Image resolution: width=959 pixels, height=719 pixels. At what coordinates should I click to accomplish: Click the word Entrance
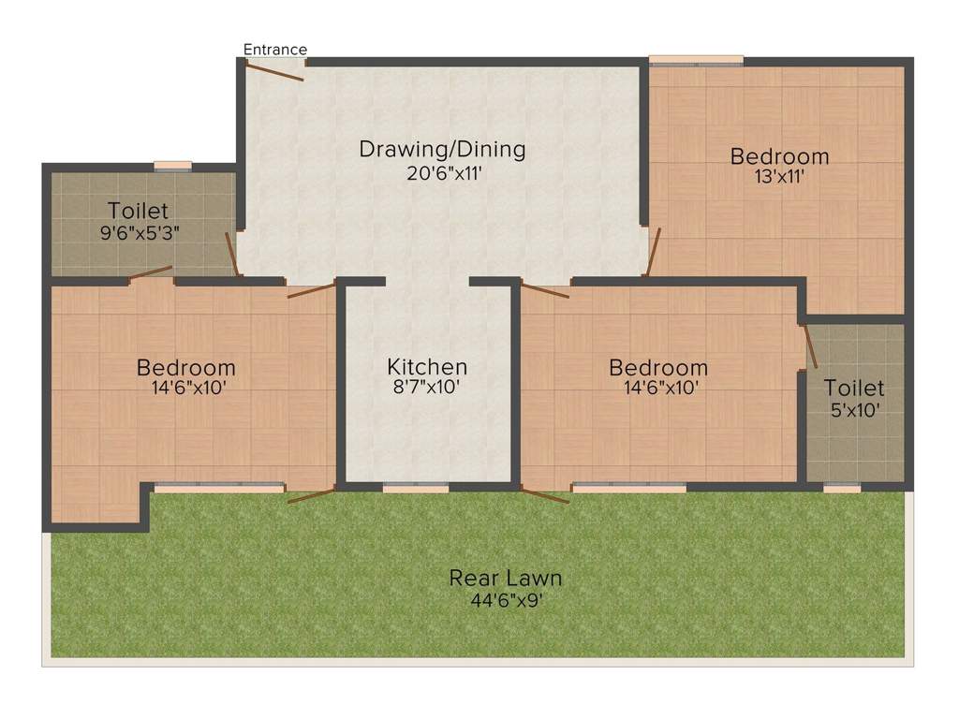tap(275, 50)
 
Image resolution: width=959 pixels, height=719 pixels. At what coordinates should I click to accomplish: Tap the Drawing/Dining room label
tap(443, 149)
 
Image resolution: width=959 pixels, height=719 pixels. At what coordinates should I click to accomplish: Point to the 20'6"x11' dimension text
tap(443, 172)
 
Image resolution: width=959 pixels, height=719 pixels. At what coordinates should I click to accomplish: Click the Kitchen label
tap(427, 367)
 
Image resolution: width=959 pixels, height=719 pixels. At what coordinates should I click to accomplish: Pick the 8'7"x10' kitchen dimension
tap(427, 388)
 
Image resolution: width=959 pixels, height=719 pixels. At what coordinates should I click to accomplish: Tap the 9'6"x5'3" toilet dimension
tap(140, 231)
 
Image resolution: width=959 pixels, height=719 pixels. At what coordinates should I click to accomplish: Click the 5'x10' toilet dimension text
tap(853, 409)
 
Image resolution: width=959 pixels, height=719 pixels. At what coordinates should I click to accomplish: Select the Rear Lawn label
tap(506, 578)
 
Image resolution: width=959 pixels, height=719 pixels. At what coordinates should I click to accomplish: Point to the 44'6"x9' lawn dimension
tap(506, 600)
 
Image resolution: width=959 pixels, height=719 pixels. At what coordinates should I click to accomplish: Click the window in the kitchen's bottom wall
tap(415, 487)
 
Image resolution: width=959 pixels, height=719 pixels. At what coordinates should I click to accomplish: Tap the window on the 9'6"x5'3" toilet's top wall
tap(172, 167)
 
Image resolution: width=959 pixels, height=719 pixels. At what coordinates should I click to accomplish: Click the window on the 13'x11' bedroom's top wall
tap(696, 61)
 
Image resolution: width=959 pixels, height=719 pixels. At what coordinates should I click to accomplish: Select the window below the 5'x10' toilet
tap(842, 487)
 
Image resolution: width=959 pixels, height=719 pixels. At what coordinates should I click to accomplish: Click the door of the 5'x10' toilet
tap(810, 345)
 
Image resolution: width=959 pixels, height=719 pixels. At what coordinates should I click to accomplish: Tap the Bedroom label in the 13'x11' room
tap(780, 155)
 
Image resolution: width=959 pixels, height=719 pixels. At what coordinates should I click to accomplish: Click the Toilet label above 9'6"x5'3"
tap(138, 210)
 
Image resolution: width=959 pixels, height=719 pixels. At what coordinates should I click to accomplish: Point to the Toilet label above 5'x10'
tap(854, 388)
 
